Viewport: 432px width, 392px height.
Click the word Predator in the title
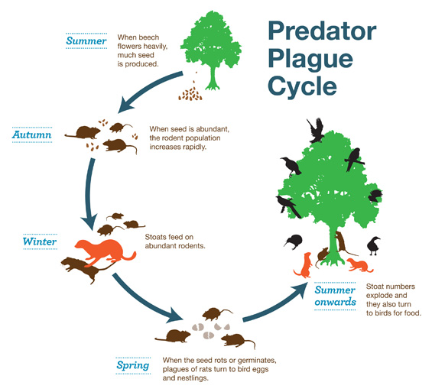click(322, 32)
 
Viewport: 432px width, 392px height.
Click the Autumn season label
click(32, 135)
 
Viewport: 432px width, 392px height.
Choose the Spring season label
click(132, 364)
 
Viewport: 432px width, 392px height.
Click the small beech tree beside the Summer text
click(209, 46)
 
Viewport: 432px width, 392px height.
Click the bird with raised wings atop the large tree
click(315, 130)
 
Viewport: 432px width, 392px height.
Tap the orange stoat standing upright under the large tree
click(304, 264)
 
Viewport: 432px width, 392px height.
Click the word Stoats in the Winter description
click(157, 237)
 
